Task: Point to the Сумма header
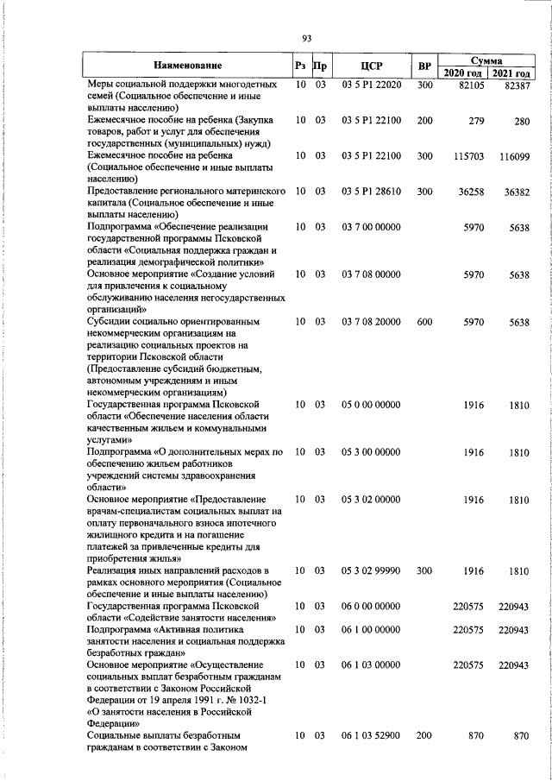point(488,60)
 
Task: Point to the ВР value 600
point(423,346)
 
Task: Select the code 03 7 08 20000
point(371,346)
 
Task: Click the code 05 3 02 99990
point(371,571)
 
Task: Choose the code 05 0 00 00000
point(371,405)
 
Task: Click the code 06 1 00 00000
point(371,630)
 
